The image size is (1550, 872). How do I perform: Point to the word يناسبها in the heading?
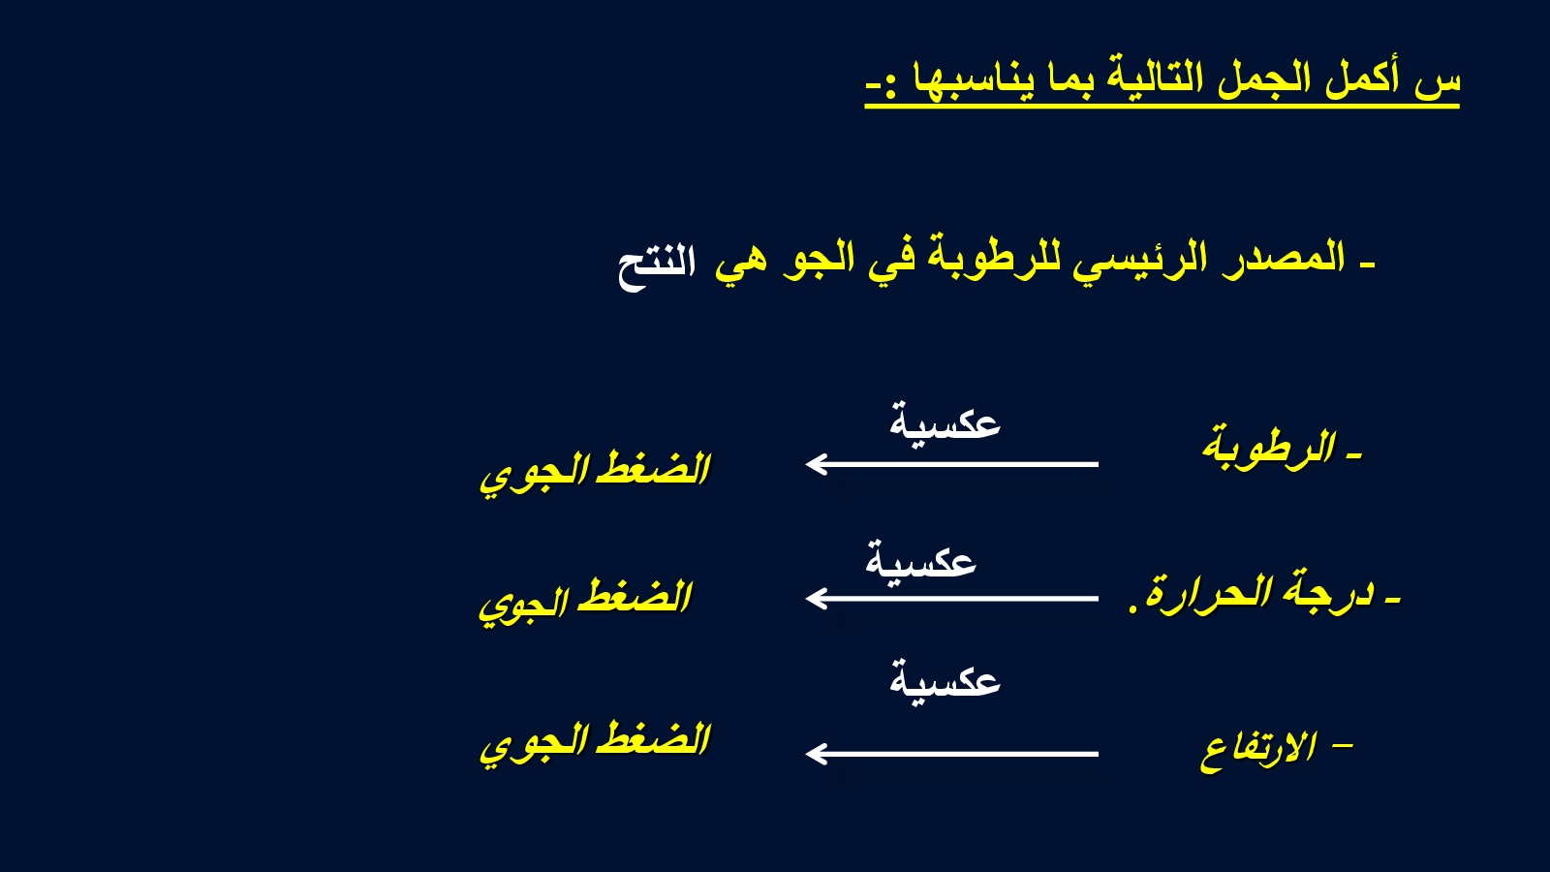pyautogui.click(x=970, y=79)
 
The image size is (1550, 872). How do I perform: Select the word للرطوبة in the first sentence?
pyautogui.click(x=994, y=258)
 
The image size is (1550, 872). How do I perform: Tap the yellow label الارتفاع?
pyautogui.click(x=1258, y=751)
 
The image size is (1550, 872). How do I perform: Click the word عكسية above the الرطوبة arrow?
pyautogui.click(x=945, y=421)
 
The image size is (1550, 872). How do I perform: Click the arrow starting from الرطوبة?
pyautogui.click(x=952, y=464)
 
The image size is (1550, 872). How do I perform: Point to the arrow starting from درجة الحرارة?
pyautogui.click(x=952, y=598)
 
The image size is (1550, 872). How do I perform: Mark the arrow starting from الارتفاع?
pyautogui.click(x=952, y=754)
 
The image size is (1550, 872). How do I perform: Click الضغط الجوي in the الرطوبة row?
pyautogui.click(x=595, y=474)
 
